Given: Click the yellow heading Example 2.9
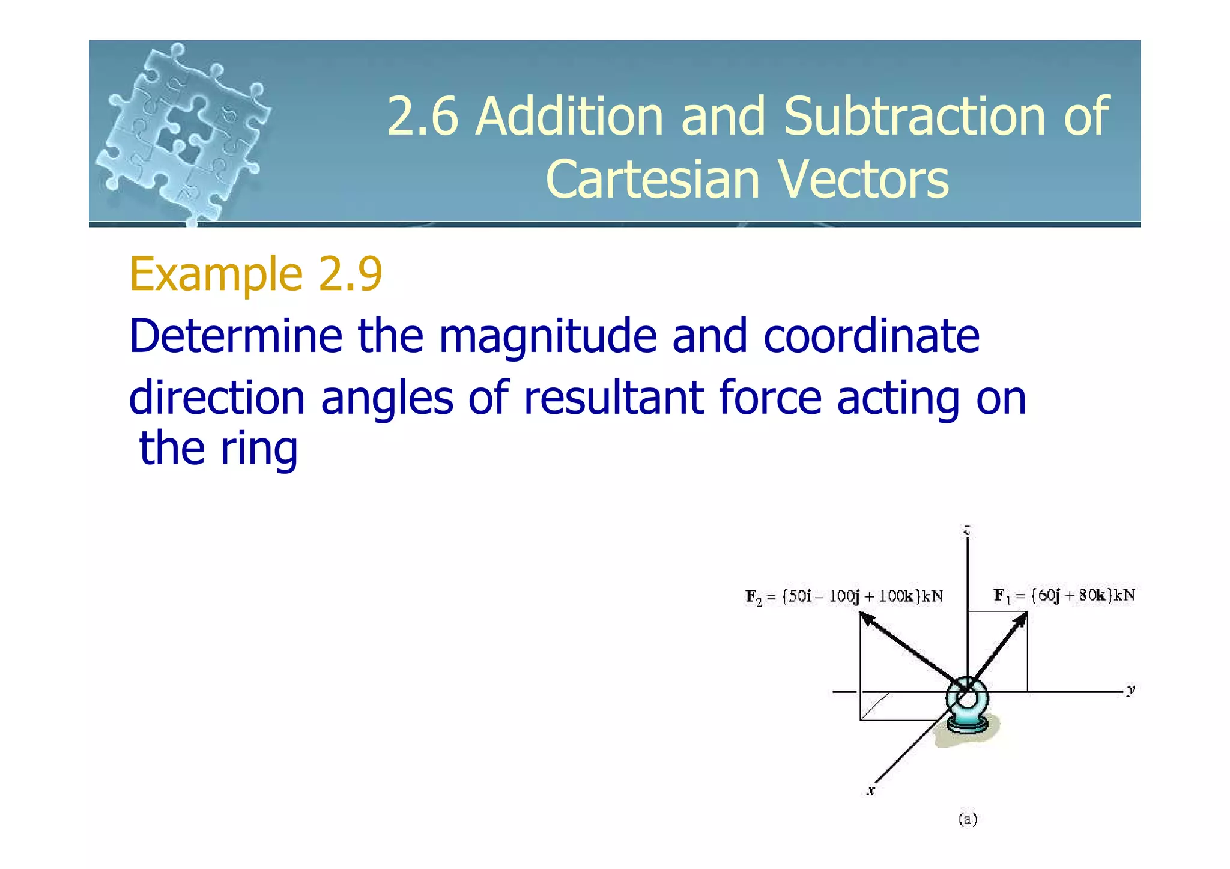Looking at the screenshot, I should click(x=256, y=274).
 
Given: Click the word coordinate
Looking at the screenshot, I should click(x=871, y=336).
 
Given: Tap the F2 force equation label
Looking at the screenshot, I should click(x=844, y=596).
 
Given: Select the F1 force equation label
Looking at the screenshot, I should click(x=1064, y=595).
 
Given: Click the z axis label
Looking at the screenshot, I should click(x=967, y=530).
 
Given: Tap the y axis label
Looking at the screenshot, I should click(x=1131, y=689).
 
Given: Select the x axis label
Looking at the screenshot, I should click(x=871, y=791).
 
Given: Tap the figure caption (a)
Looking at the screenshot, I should click(x=968, y=819).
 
